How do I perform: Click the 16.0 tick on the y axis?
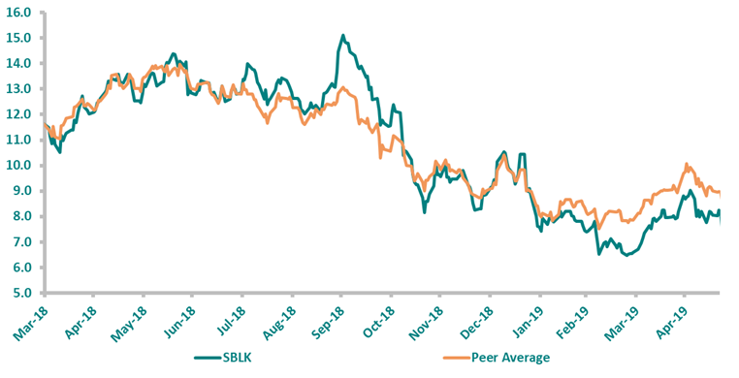[19, 13]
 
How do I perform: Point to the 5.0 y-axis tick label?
[22, 293]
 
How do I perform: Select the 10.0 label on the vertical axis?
[19, 165]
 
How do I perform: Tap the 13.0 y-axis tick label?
[19, 88]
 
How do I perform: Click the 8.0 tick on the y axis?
[22, 216]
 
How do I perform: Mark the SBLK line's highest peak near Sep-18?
[343, 36]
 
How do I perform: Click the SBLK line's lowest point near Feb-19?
[627, 255]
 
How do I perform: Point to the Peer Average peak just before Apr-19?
[687, 164]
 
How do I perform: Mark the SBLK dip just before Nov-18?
[425, 210]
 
